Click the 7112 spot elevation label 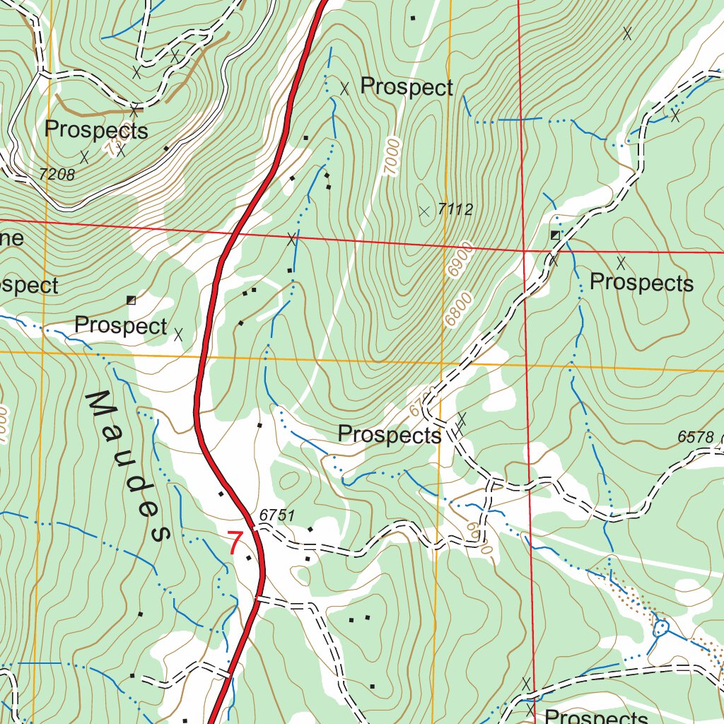[455, 209]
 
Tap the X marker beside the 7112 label [424, 211]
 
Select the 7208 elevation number [57, 174]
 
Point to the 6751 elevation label [276, 516]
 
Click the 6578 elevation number [696, 438]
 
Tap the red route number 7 [235, 544]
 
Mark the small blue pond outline [662, 626]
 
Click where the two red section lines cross [525, 250]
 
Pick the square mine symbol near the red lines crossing [555, 234]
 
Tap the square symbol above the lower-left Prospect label [131, 300]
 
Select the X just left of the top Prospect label [344, 88]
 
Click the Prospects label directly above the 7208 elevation [96, 130]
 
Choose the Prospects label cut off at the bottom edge [596, 716]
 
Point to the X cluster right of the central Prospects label [461, 423]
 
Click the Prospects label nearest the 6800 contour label [641, 283]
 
